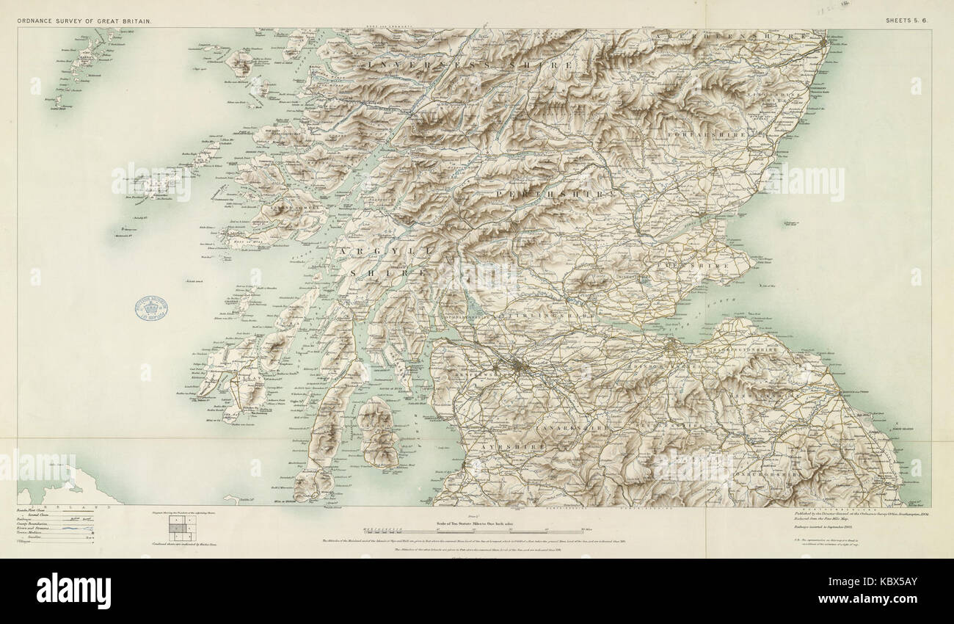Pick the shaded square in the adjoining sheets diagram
(178, 526)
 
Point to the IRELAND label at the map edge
(88, 507)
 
